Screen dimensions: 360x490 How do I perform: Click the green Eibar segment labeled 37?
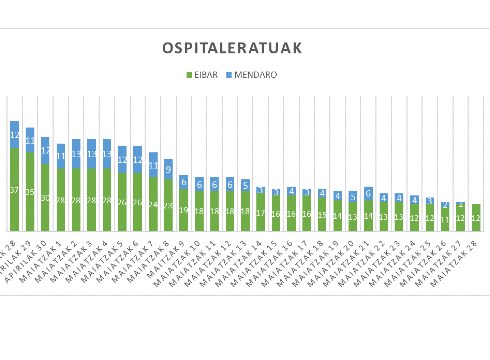(x=14, y=189)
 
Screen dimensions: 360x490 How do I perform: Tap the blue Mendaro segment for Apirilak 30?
(x=45, y=150)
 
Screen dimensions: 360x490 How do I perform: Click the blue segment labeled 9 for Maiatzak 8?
(x=168, y=168)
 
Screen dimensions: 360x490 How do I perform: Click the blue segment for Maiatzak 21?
(x=368, y=193)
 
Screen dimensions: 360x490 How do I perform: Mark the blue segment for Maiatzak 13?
(x=245, y=185)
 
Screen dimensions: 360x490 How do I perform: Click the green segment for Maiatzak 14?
(x=260, y=212)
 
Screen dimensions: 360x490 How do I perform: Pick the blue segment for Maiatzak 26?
(x=445, y=205)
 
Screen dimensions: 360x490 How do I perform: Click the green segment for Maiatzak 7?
(x=153, y=204)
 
